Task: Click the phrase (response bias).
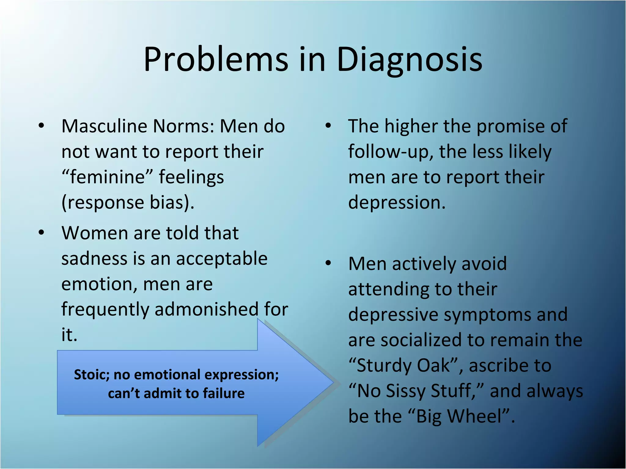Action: tap(128, 202)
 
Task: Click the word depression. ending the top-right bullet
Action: tap(397, 202)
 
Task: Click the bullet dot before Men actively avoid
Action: tap(328, 263)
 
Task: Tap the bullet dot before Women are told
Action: tap(42, 233)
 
